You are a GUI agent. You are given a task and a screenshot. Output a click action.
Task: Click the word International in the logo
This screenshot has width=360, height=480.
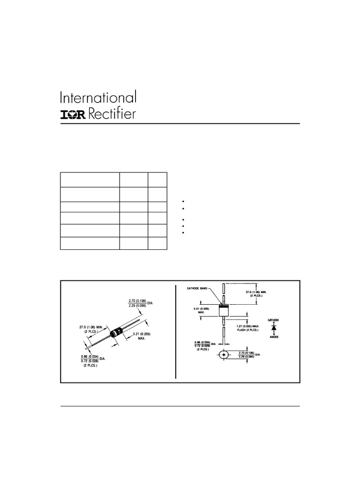click(x=98, y=98)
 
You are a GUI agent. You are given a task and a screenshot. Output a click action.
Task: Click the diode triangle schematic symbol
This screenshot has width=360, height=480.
click(x=274, y=327)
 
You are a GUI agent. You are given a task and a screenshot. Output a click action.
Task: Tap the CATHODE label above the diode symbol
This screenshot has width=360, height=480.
click(x=273, y=319)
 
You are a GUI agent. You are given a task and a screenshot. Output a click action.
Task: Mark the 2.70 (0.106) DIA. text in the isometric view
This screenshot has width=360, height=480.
click(x=138, y=303)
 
